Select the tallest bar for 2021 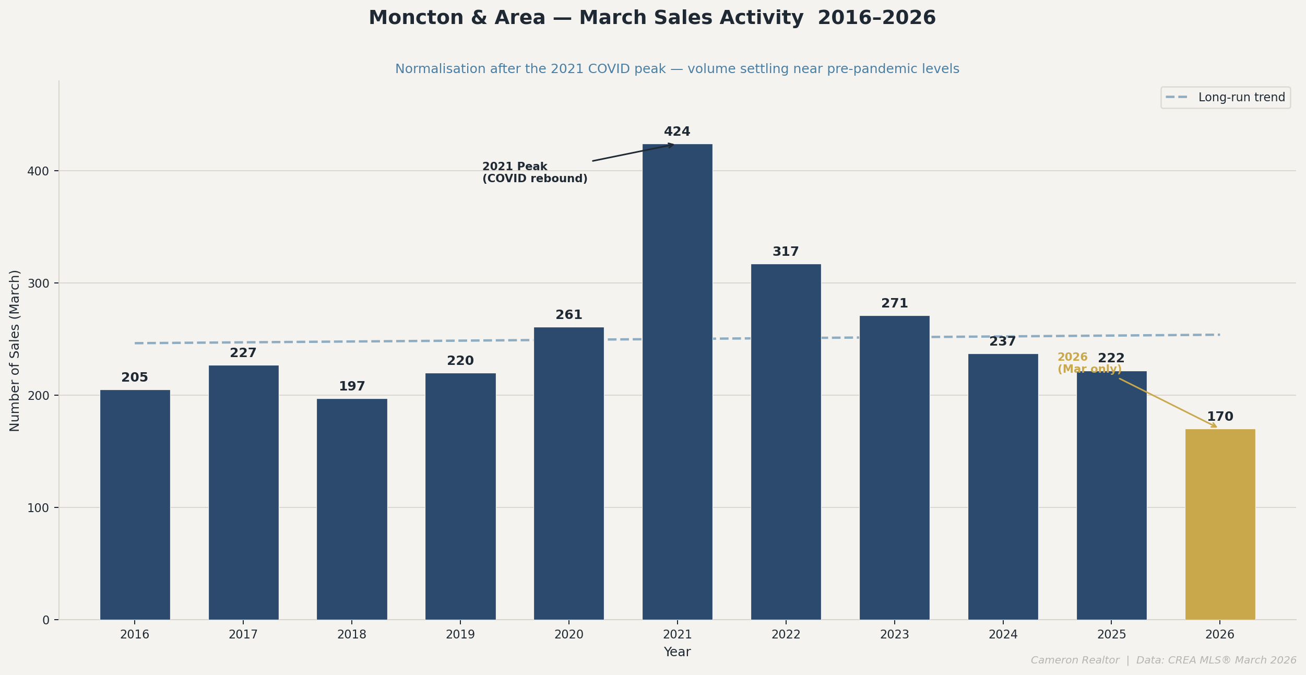click(677, 381)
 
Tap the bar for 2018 click(352, 509)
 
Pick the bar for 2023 click(894, 467)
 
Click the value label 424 click(677, 132)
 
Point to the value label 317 click(786, 252)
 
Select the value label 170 click(1220, 417)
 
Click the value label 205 click(135, 378)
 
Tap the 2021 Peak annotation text click(535, 173)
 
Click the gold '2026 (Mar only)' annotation click(1089, 363)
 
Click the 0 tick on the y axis click(45, 620)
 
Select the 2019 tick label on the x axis click(460, 635)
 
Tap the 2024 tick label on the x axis click(1003, 635)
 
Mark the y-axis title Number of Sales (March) click(15, 350)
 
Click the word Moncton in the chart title click(415, 18)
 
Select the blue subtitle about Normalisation click(677, 69)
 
